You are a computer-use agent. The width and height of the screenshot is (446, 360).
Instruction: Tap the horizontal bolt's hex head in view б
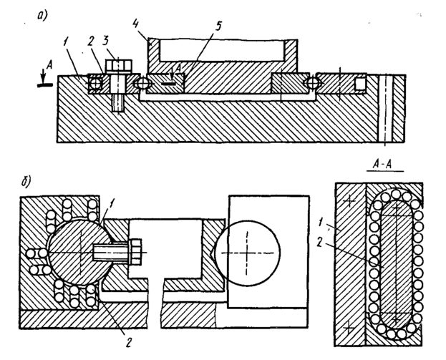(x=135, y=253)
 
